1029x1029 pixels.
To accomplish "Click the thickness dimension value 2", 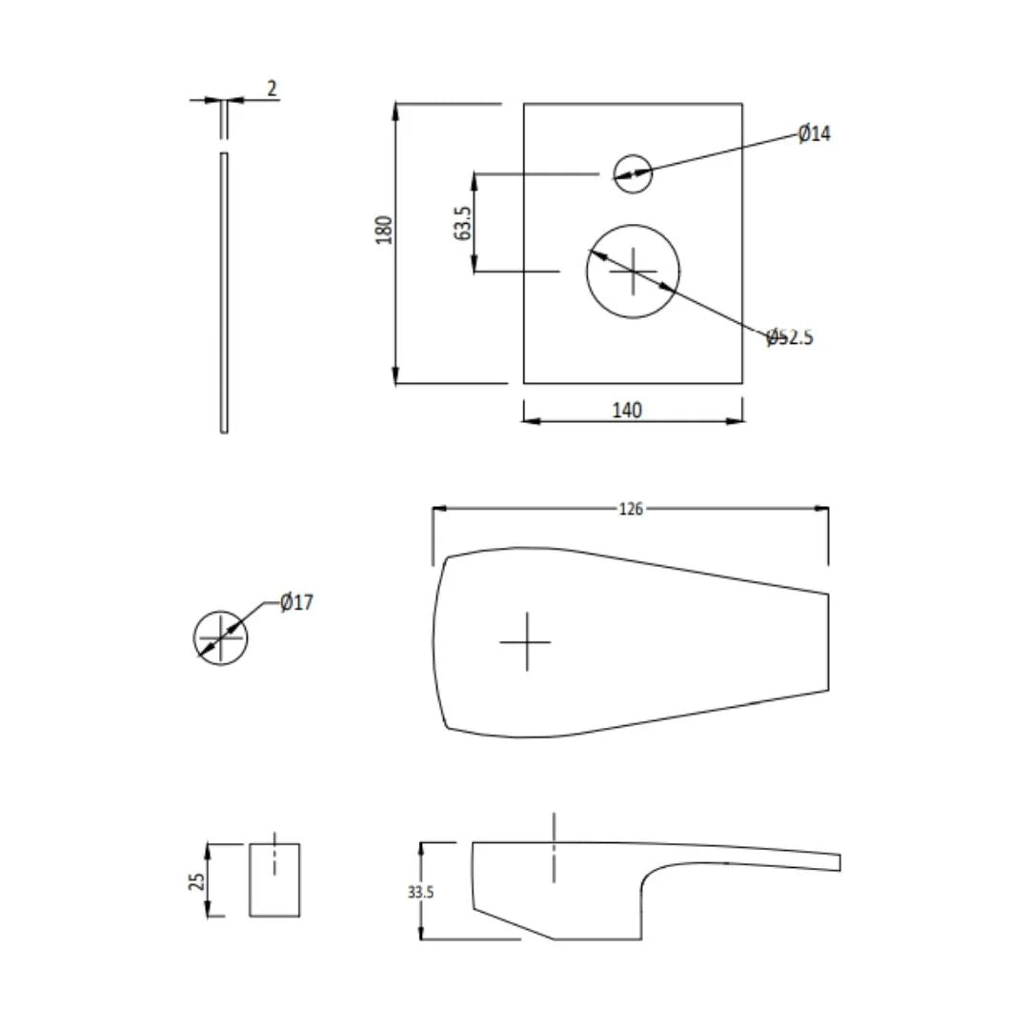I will [x=272, y=89].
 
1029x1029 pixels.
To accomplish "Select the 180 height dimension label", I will [x=385, y=230].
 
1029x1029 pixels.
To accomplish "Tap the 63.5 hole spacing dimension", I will [x=464, y=223].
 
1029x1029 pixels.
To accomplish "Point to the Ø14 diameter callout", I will [x=814, y=133].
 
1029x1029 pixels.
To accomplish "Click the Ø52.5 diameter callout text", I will [x=790, y=337].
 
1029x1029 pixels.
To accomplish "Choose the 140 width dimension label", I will [x=626, y=410].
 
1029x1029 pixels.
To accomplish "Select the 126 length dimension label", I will [x=631, y=509].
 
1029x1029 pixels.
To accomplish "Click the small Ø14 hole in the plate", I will [x=633, y=173].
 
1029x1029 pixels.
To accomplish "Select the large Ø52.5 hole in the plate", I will [x=634, y=272].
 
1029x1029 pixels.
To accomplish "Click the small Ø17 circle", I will [x=220, y=637].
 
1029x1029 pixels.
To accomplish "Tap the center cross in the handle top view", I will [x=526, y=641].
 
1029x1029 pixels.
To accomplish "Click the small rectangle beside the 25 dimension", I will [x=274, y=879].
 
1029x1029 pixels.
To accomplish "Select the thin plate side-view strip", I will [x=224, y=293].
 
